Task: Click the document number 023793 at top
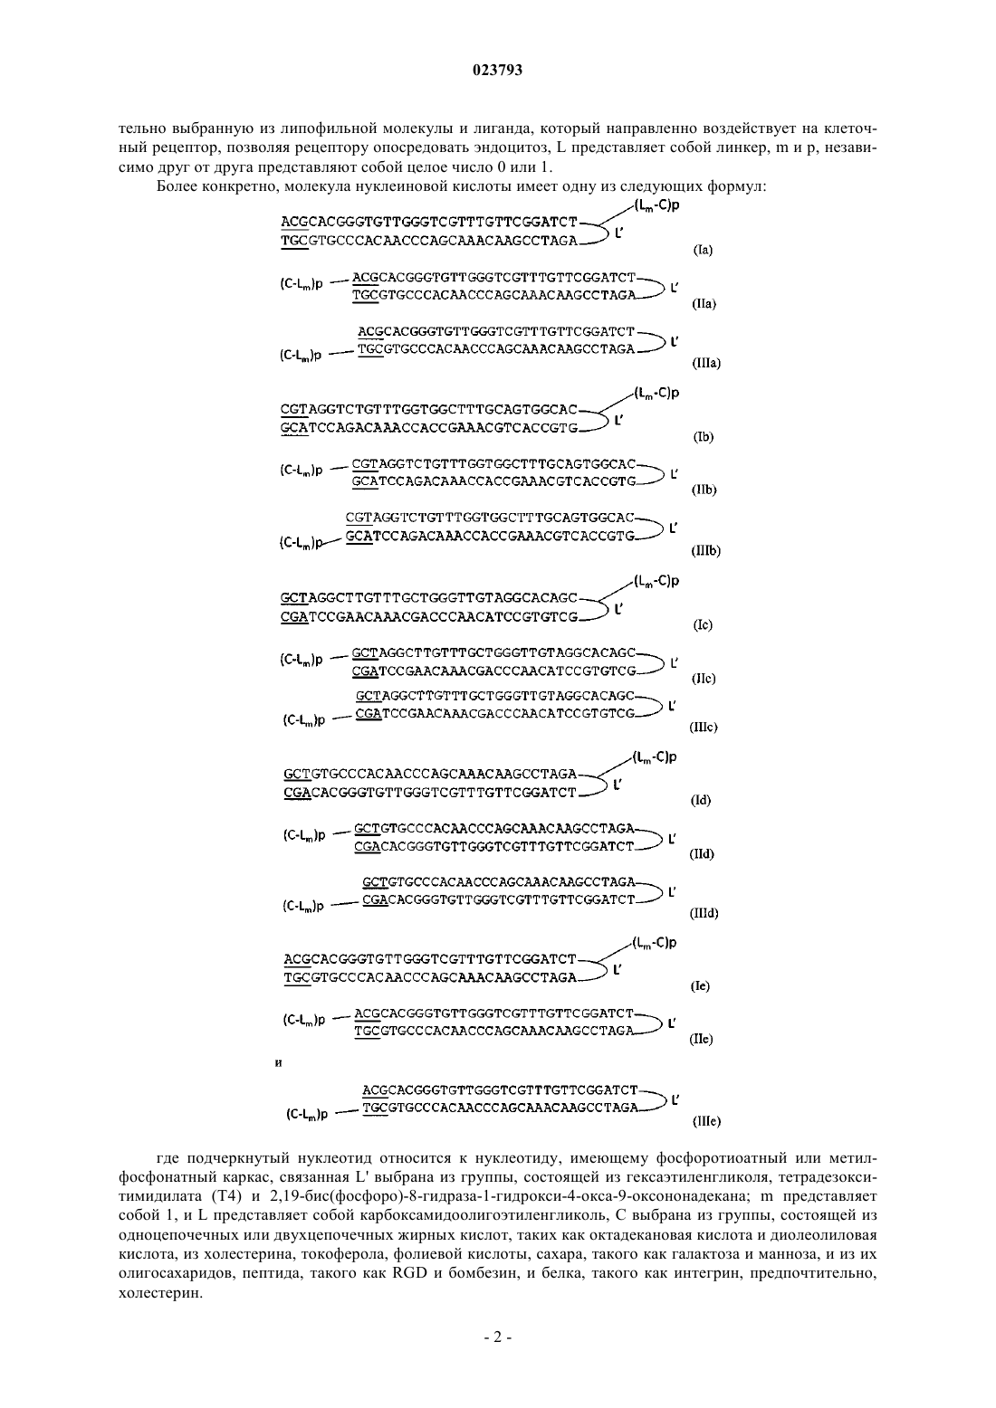point(497,71)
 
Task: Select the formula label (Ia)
point(703,250)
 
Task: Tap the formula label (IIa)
point(704,304)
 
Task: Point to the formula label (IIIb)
point(705,551)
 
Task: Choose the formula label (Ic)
point(703,625)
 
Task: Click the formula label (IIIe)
point(705,1121)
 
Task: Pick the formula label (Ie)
point(700,986)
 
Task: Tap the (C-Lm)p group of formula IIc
point(302,661)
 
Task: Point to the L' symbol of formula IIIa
point(675,342)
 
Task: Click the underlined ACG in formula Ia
point(294,222)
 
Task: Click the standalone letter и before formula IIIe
point(279,1063)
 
